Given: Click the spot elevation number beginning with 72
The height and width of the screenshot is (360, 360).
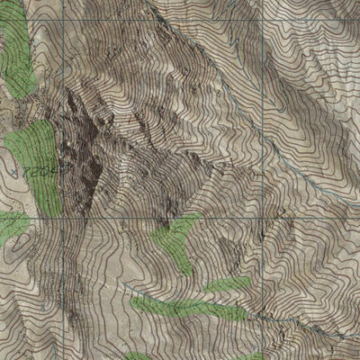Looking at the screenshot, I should point(39,168).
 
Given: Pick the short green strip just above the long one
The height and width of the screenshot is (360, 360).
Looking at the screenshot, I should point(229,285).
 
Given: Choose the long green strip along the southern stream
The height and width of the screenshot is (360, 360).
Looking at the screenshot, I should point(184,308).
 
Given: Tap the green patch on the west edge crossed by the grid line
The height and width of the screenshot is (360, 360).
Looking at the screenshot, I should point(13,225).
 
